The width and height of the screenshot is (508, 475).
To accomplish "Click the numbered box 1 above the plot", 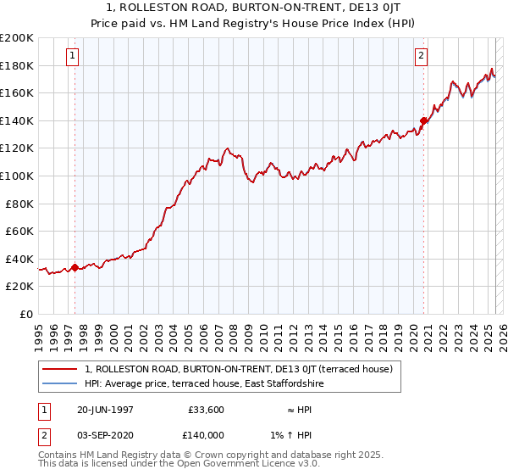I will [x=72, y=57].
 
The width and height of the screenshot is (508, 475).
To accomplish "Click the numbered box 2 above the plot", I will [x=421, y=57].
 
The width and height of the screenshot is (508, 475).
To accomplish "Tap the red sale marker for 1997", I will [x=75, y=267].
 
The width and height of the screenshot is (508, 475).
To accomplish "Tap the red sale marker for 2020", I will [x=423, y=120].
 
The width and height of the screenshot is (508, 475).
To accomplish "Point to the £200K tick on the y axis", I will [x=18, y=38].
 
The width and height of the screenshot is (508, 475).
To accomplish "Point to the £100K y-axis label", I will [x=18, y=176].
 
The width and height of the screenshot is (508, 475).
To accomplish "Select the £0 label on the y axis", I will [x=27, y=314].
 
